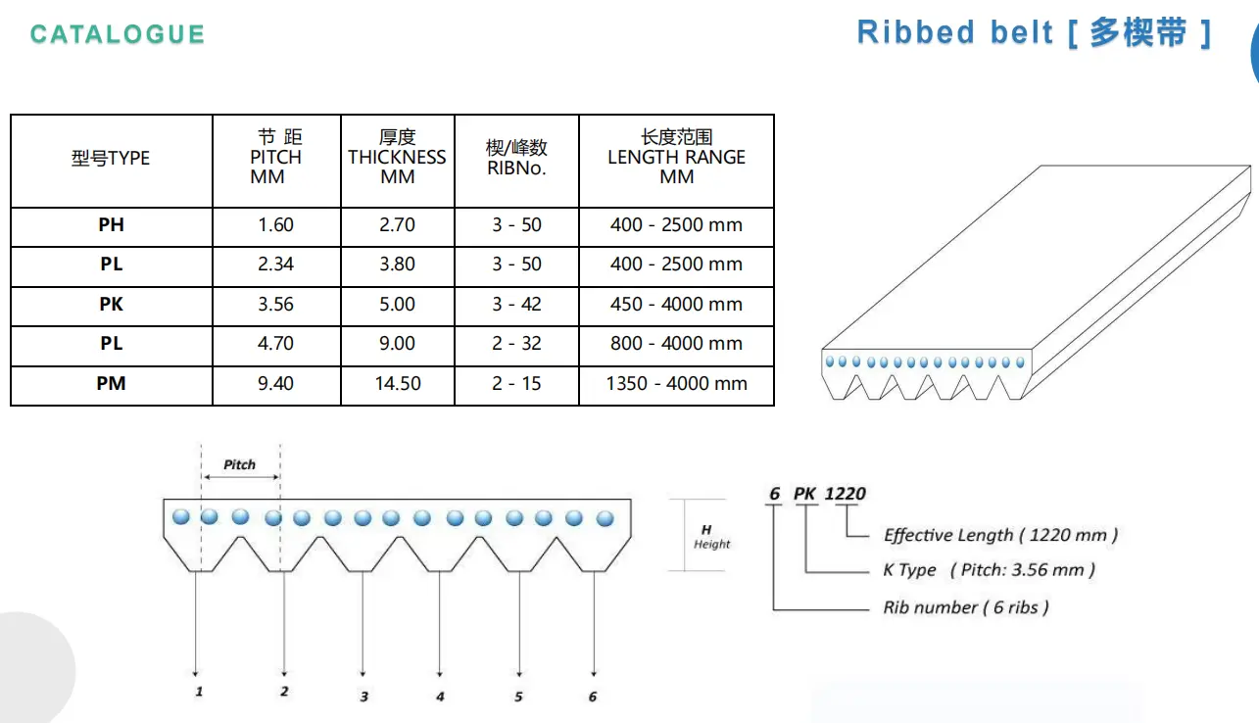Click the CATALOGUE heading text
(117, 34)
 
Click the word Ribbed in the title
(916, 32)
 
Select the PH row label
(112, 225)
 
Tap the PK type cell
(112, 304)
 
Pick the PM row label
(112, 383)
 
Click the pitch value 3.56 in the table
(275, 304)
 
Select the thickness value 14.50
(398, 383)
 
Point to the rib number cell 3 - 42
(516, 304)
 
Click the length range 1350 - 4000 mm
(676, 383)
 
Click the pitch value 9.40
(275, 383)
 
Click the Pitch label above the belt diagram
(239, 464)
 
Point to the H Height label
(711, 537)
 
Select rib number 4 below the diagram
(440, 697)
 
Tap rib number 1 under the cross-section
(199, 692)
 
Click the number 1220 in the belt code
(845, 494)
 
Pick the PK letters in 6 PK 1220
(804, 494)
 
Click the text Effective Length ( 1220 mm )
(1000, 535)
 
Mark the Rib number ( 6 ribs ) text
(966, 607)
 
